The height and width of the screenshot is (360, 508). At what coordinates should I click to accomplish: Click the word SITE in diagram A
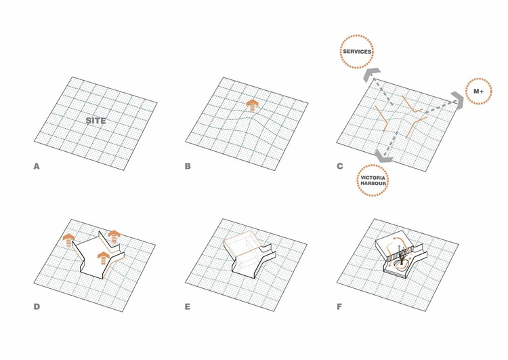point(96,121)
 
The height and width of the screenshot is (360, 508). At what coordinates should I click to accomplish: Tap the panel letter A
point(37,166)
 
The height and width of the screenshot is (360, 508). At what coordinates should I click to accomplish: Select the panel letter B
point(188,166)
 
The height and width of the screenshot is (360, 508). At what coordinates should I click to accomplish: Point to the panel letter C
point(340,166)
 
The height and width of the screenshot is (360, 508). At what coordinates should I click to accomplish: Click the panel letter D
point(37,307)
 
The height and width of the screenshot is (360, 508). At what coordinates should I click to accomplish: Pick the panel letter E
point(188,307)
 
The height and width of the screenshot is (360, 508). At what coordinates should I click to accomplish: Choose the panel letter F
point(339,307)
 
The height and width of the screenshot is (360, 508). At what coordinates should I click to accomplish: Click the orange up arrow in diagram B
point(253,106)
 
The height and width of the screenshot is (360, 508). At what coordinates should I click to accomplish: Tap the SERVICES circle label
point(357,52)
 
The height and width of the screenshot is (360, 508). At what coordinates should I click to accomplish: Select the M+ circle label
point(478,91)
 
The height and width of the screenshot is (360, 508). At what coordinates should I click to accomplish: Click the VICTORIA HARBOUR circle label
point(373,180)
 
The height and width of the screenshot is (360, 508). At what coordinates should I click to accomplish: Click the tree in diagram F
point(402,256)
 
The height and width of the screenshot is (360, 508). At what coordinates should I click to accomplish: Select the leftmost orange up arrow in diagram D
point(68,240)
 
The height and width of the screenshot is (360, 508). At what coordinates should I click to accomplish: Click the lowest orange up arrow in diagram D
point(103,258)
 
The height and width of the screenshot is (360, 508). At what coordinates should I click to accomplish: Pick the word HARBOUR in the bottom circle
point(373,183)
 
